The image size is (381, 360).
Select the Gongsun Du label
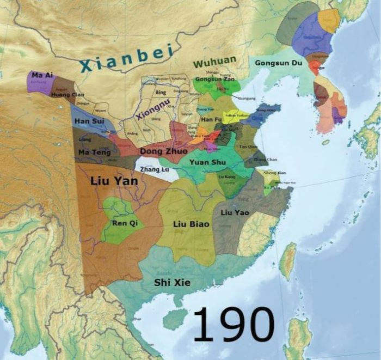click(278, 63)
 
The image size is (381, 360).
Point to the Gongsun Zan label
click(214, 80)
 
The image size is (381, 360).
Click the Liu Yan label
click(114, 181)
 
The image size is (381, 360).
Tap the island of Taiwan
click(288, 261)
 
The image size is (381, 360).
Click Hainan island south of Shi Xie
click(175, 319)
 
